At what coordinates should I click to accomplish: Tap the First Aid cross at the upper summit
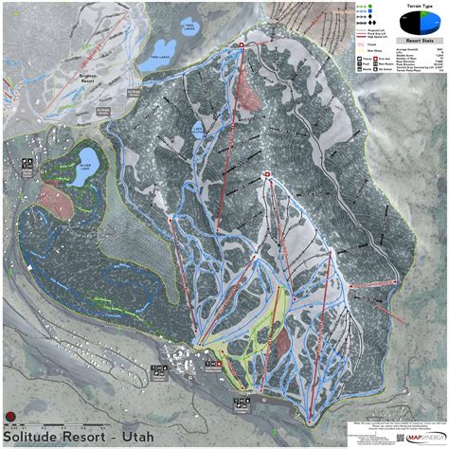pos(242,45)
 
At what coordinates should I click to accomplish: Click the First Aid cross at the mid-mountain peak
pos(266,173)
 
